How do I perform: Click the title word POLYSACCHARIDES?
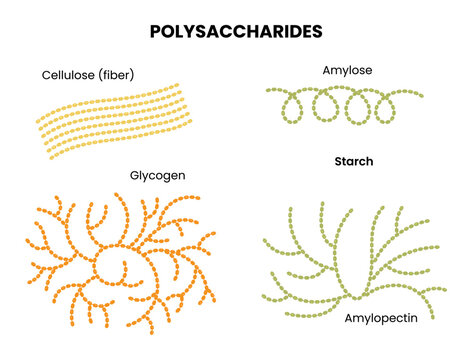click(x=236, y=31)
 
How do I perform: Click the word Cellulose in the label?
click(x=70, y=75)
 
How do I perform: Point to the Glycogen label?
click(x=157, y=175)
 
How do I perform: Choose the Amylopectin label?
click(x=381, y=318)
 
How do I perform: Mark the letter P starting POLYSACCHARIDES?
click(x=156, y=31)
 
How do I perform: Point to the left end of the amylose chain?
click(x=268, y=91)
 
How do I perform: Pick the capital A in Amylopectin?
click(x=349, y=317)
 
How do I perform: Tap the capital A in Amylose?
click(x=326, y=71)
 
